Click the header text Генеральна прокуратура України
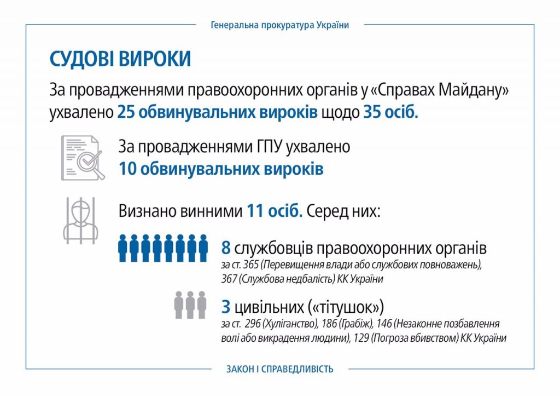tap(279, 25)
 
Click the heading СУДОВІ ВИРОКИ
tap(120, 59)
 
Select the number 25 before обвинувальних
tap(126, 112)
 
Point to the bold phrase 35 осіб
tap(390, 112)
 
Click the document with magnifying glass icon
tap(83, 158)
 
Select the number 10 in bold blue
tap(127, 169)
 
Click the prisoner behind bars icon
tap(81, 220)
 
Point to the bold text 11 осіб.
tap(275, 211)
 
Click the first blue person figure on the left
tap(122, 248)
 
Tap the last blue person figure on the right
tap(203, 248)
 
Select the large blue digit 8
tap(226, 248)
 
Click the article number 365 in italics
tap(250, 265)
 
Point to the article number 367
tap(229, 279)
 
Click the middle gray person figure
tap(190, 305)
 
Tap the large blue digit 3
tap(226, 307)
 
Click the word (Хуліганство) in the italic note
tap(290, 324)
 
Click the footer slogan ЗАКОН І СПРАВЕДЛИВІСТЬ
tap(279, 369)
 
